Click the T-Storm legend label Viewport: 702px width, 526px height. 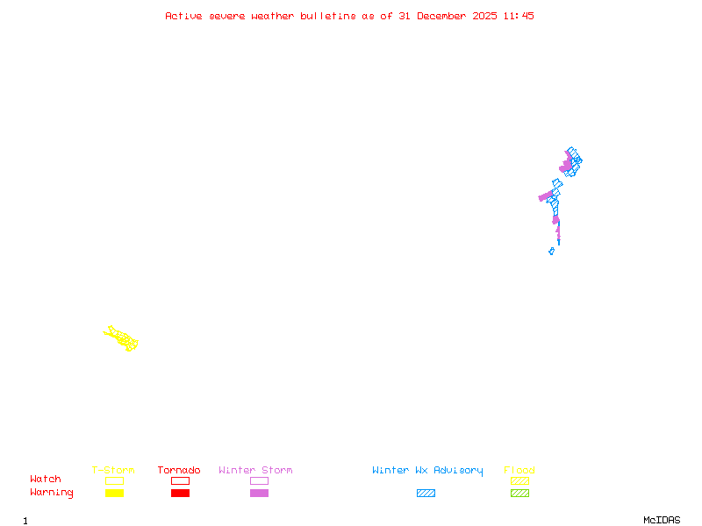113,471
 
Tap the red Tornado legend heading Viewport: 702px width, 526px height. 179,471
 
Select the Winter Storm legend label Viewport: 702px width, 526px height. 255,471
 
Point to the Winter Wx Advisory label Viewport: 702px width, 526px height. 427,471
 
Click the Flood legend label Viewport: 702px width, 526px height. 519,471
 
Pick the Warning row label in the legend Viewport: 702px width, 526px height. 52,493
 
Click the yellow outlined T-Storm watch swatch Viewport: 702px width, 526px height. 114,480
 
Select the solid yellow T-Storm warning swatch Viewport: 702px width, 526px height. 114,493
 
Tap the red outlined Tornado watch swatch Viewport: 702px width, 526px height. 180,480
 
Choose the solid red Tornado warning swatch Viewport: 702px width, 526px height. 180,493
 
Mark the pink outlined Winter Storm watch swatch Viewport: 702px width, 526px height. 259,480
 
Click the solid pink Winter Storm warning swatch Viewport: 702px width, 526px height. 259,493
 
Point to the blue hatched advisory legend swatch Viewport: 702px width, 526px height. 426,493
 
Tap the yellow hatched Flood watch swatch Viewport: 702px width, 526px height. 519,480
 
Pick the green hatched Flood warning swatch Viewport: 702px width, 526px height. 519,493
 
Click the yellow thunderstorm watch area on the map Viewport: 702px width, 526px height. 122,338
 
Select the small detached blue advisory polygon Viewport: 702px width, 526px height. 551,251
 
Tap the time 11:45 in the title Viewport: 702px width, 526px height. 518,16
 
